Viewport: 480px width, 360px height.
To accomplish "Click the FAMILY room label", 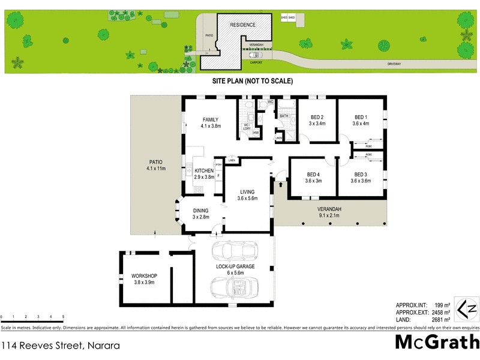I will [x=210, y=119].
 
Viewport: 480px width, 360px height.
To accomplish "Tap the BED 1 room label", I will [x=361, y=116].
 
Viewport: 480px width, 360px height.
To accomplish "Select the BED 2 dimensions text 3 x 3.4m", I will [x=317, y=124].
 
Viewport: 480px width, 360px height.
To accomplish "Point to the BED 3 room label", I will [x=361, y=174].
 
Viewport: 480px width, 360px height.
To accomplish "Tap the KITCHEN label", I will [x=204, y=170].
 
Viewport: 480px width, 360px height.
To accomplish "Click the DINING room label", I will [x=200, y=210].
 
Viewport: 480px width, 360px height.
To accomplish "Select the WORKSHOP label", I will [x=144, y=276].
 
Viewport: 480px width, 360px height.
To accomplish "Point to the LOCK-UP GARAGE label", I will [x=236, y=265].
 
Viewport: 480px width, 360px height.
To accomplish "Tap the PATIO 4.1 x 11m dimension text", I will [x=155, y=169].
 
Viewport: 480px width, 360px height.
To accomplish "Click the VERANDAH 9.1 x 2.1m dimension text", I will [x=329, y=215].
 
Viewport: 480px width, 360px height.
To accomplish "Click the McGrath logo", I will [x=437, y=341].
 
